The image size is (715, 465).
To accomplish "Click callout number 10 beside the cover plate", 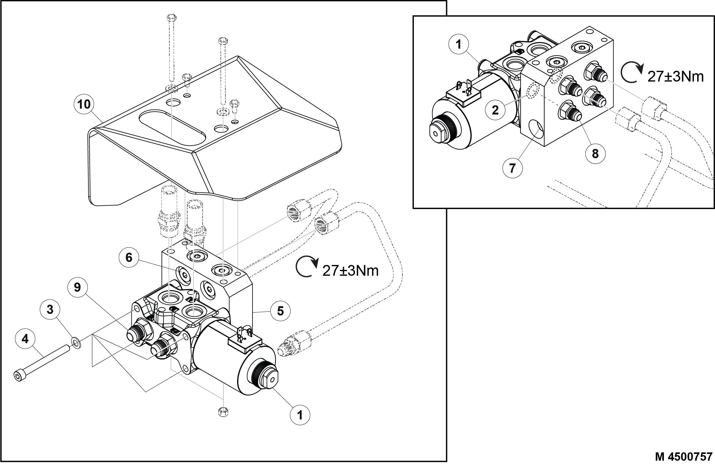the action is click(84, 104).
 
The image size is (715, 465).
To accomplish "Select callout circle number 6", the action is click(129, 257).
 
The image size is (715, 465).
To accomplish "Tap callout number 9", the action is click(77, 287).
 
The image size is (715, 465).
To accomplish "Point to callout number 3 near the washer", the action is click(50, 310).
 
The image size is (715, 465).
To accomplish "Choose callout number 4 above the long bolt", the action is click(25, 339).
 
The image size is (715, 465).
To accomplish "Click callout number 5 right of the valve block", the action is click(280, 311).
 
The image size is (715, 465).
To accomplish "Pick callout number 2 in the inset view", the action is click(495, 110).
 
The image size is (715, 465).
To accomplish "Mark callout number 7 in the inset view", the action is click(512, 168).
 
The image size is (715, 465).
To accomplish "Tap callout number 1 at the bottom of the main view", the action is click(300, 415).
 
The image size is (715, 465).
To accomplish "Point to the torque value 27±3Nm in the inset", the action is click(676, 76).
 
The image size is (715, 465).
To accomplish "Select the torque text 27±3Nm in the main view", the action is click(350, 271).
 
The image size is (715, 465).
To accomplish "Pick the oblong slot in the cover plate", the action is click(172, 128).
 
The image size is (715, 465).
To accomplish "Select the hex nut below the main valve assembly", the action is click(223, 411).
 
